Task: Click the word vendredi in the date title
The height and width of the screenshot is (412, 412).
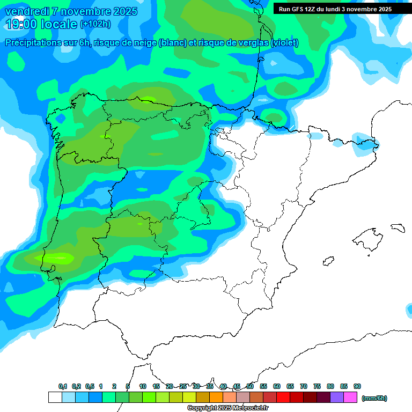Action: (27, 11)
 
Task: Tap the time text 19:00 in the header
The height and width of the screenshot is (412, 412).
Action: (21, 24)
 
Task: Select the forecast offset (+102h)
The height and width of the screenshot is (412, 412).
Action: (95, 24)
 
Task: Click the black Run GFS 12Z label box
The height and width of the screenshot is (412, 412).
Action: (335, 9)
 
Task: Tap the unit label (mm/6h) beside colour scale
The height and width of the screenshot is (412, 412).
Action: (374, 398)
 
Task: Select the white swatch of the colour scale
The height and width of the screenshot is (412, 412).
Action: (55, 398)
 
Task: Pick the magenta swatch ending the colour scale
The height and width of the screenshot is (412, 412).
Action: (350, 398)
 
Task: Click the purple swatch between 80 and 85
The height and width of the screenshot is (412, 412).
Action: (337, 398)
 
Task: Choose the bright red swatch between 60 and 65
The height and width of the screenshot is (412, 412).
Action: (283, 398)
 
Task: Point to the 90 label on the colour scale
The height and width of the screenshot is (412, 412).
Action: (357, 386)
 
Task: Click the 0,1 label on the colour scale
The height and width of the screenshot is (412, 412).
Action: (63, 386)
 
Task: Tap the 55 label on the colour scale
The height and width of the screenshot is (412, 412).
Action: (263, 386)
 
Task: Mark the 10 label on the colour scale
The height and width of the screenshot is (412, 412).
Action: (143, 386)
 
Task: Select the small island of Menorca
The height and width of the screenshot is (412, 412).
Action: (398, 227)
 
